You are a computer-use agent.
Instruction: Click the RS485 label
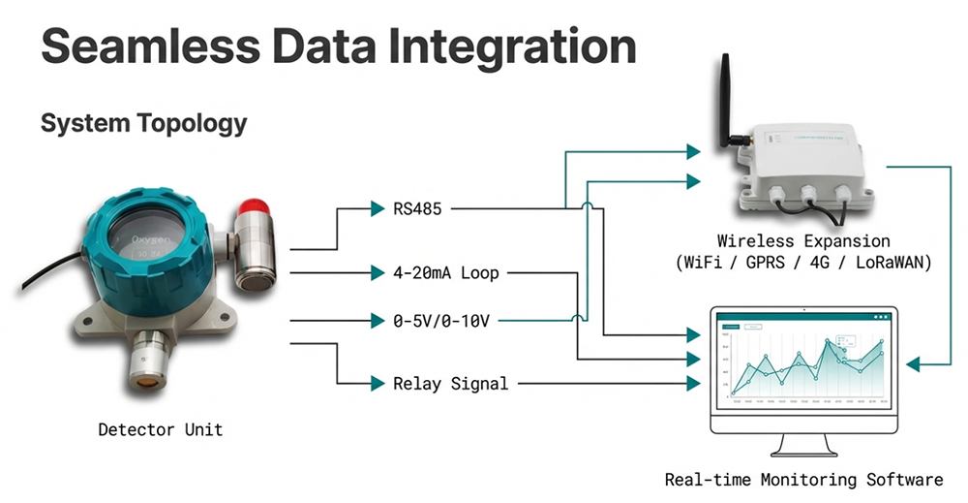(417, 207)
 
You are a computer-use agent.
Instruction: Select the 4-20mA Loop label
(446, 273)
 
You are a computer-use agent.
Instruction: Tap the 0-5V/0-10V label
(440, 320)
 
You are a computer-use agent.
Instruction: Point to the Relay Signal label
(450, 384)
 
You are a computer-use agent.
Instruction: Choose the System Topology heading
(143, 124)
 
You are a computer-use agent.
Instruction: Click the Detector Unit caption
(160, 428)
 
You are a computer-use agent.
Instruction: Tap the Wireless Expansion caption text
(803, 240)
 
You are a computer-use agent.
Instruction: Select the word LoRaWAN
(890, 262)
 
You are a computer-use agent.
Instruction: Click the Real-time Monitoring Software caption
(803, 479)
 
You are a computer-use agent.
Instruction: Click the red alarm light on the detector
(255, 206)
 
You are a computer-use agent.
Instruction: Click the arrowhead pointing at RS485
(378, 207)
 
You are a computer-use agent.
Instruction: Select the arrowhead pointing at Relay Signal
(378, 384)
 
